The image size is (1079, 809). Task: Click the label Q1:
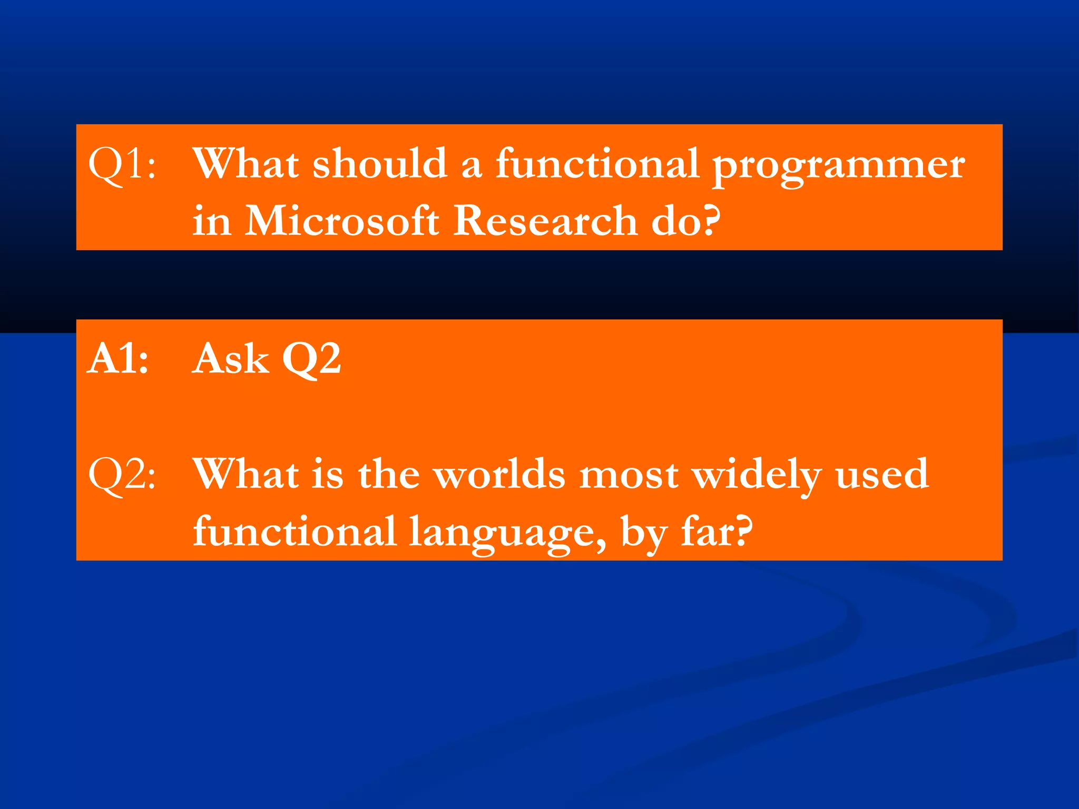click(x=122, y=164)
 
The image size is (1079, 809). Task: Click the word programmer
click(x=839, y=166)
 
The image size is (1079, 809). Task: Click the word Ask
click(x=231, y=359)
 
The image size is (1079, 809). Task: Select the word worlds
click(x=499, y=474)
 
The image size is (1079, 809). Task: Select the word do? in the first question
click(x=685, y=221)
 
